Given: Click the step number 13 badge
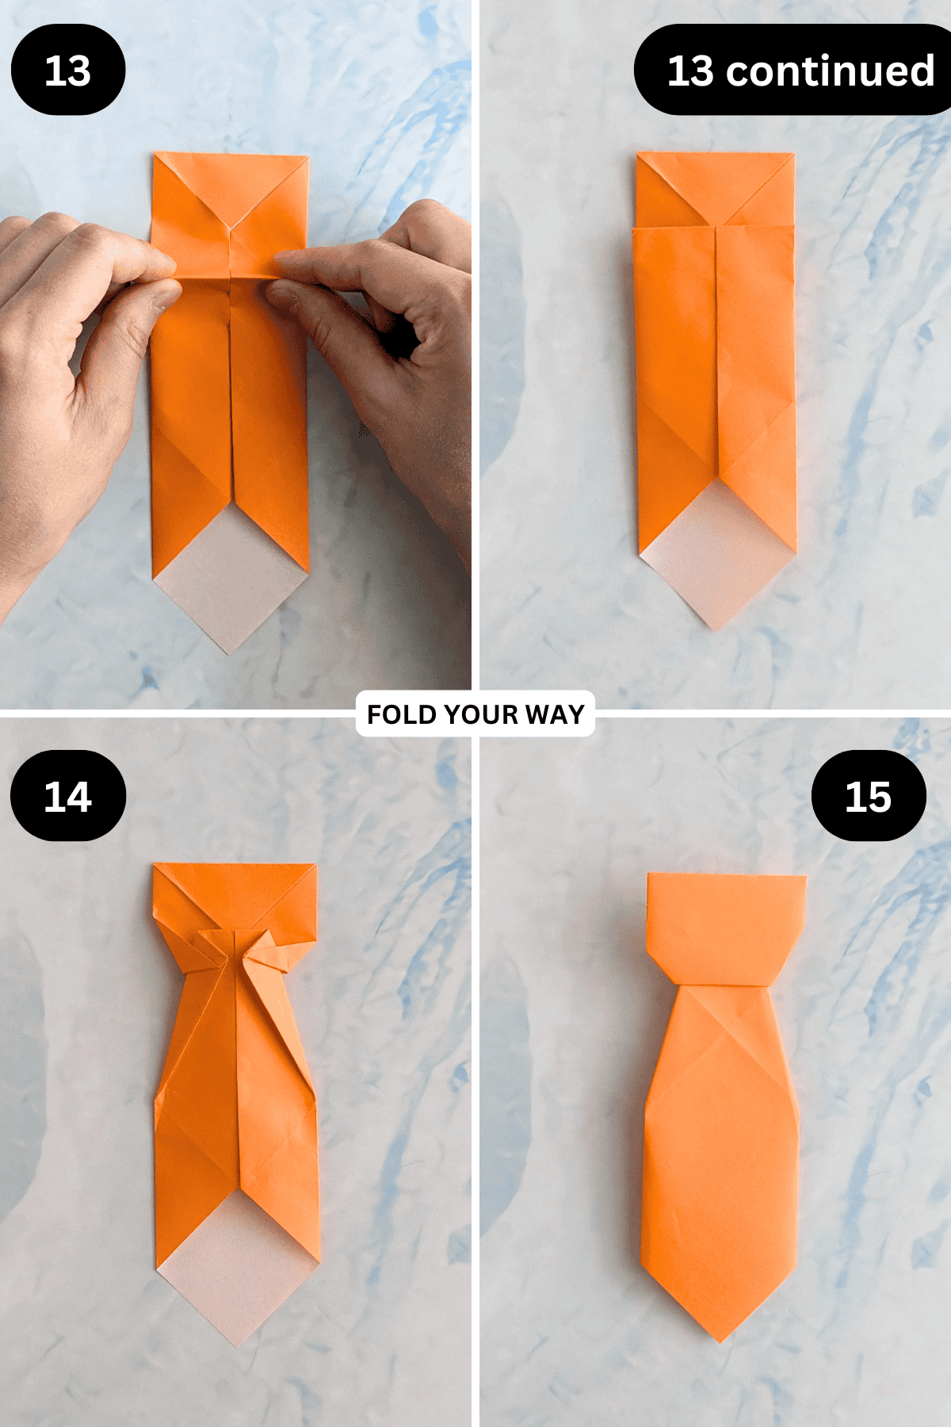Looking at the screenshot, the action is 68,70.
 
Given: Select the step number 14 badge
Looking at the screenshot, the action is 68,796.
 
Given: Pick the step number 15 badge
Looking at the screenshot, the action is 869,796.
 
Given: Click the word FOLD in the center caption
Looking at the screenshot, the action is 402,714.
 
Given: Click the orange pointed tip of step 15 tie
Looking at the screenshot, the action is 720,1341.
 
